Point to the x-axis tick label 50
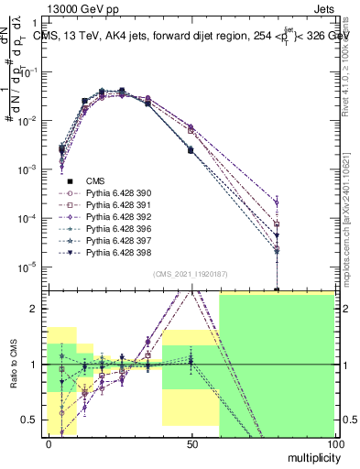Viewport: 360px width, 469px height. pyautogui.click(x=192, y=444)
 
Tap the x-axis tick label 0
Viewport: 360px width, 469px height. pyautogui.click(x=49, y=444)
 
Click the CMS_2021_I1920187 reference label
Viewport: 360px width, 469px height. pyautogui.click(x=191, y=273)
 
